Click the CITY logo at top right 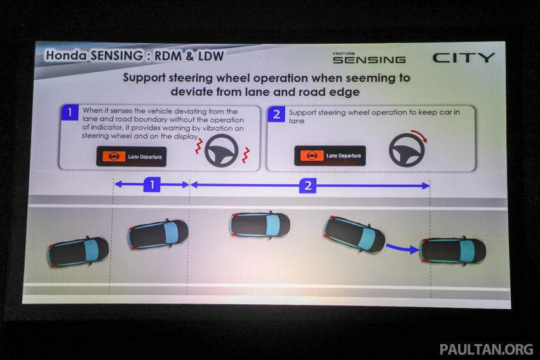point(463,58)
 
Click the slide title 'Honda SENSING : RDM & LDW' point(134,56)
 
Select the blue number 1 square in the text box point(69,114)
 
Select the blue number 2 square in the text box point(276,114)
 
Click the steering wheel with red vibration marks point(222,150)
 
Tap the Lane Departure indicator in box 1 point(131,156)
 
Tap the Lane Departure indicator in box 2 point(329,156)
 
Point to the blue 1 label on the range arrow point(151,185)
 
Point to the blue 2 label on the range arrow point(307,185)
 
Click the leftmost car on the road point(78,251)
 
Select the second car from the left point(158,234)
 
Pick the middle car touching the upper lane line point(260,224)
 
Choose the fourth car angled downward point(354,234)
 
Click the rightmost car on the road point(452,250)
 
